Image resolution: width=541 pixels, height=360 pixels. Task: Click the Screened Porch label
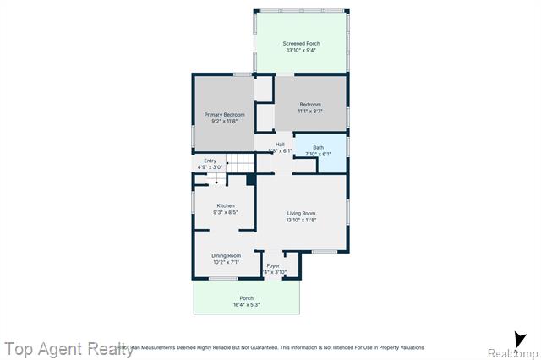(301, 44)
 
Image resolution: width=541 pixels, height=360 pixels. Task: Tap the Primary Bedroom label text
(224, 114)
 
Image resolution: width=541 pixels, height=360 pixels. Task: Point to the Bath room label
(318, 147)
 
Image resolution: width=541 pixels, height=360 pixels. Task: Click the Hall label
(279, 144)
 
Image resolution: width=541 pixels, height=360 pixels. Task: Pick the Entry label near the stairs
(210, 161)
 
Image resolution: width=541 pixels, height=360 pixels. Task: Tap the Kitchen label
(225, 206)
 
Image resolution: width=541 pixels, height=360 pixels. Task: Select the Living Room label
(301, 213)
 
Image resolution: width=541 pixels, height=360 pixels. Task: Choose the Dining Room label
(226, 255)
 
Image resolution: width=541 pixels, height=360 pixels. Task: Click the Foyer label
(273, 265)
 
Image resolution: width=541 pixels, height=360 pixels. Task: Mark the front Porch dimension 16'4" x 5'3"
(246, 304)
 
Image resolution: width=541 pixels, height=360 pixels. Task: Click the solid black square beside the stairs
(250, 179)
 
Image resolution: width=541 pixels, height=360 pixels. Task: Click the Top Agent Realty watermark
(68, 348)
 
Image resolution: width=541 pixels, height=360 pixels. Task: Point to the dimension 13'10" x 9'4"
(301, 51)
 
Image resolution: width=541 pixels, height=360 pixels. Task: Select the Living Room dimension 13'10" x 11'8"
(301, 220)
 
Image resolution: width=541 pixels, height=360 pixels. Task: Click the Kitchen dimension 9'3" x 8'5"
(225, 212)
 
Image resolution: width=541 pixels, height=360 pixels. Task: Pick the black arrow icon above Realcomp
(520, 338)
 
